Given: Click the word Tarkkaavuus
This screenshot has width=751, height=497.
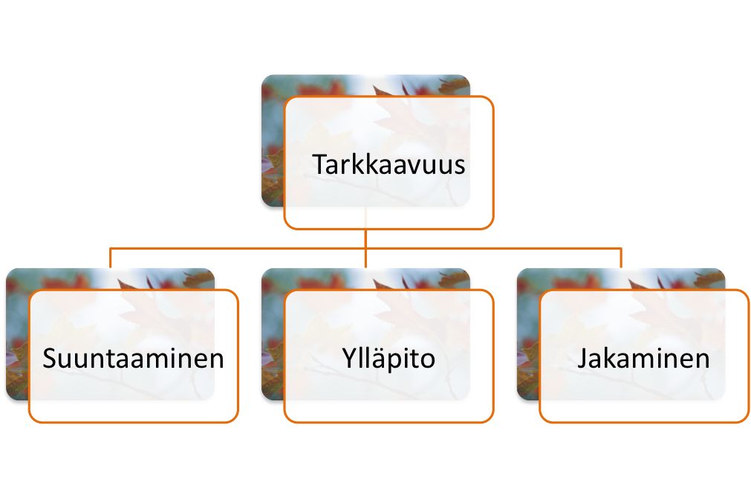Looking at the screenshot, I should pyautogui.click(x=388, y=164).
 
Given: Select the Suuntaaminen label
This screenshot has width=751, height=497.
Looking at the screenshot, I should pyautogui.click(x=134, y=359).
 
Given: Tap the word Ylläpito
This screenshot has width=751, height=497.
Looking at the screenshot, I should pyautogui.click(x=388, y=359).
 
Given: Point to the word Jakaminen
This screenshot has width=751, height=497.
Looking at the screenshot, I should pyautogui.click(x=643, y=359).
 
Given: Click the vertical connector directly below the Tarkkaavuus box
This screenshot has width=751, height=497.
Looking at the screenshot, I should pyautogui.click(x=366, y=238).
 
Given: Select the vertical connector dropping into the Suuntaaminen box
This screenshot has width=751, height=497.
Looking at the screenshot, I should pyautogui.click(x=111, y=258).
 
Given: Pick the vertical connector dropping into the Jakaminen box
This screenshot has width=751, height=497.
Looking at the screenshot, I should pyautogui.click(x=621, y=258).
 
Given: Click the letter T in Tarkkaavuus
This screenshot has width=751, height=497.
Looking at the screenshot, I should pyautogui.click(x=319, y=164).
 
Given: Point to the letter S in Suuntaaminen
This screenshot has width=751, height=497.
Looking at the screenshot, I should pyautogui.click(x=51, y=360).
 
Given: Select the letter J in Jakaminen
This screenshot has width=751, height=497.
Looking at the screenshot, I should pyautogui.click(x=583, y=360).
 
